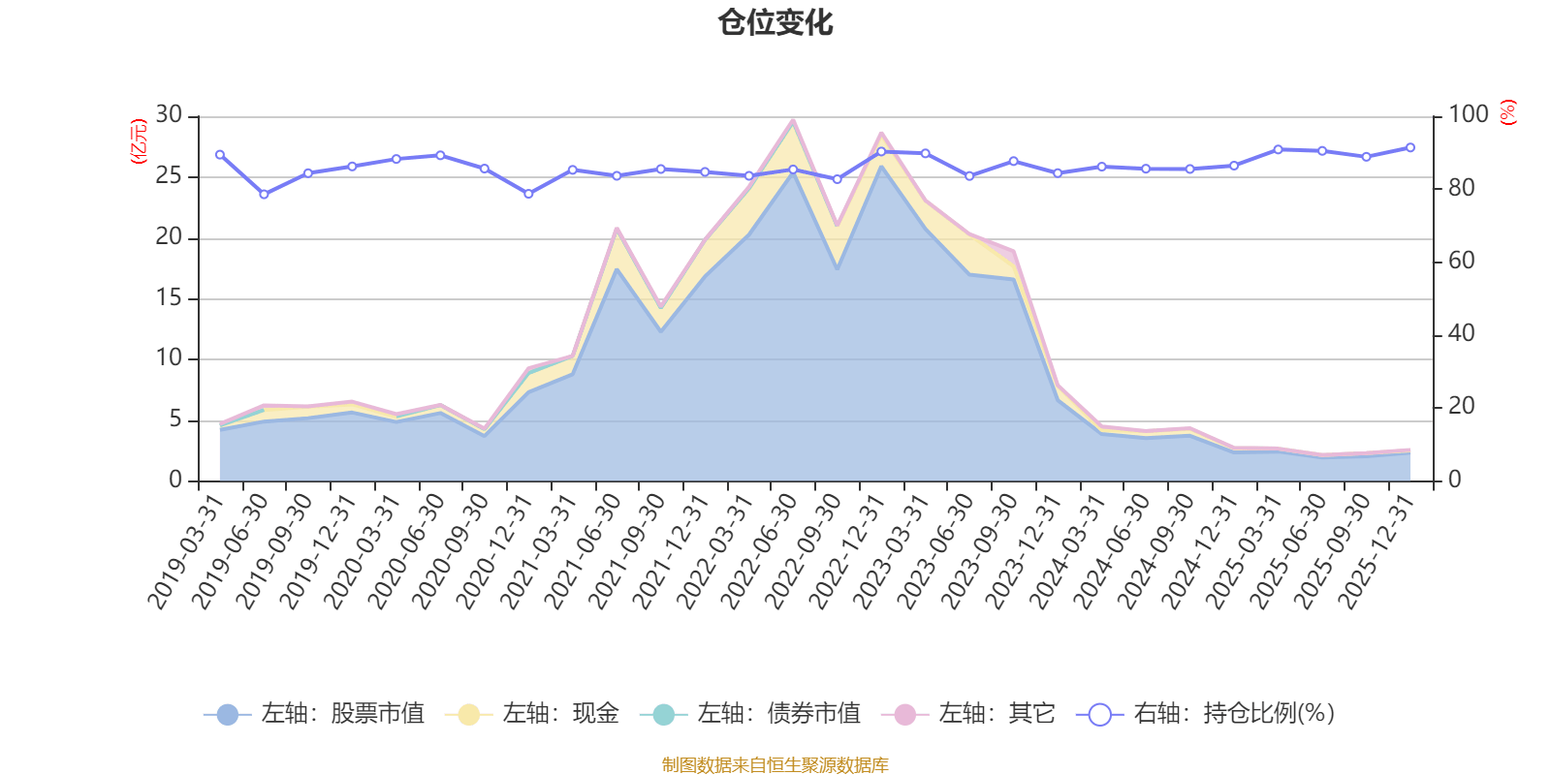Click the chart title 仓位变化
coord(775,22)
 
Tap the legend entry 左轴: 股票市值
coord(315,715)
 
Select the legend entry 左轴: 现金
coord(532,715)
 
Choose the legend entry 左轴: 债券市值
coord(750,715)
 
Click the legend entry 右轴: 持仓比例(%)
coord(1206,715)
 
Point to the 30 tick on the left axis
coord(169,115)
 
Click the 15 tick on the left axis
coord(169,298)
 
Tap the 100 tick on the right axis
coord(1468,115)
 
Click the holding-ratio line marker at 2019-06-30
coord(264,195)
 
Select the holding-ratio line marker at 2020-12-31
coord(528,194)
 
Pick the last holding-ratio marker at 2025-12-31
coord(1410,148)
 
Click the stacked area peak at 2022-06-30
coord(793,120)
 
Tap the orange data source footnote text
coord(775,765)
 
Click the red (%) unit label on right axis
coord(1507,113)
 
